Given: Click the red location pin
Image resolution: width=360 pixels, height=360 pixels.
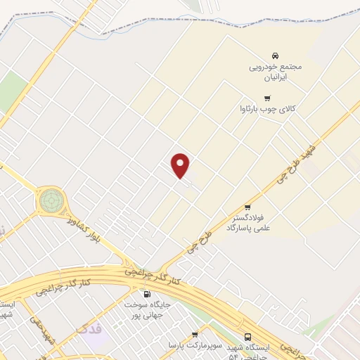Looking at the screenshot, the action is pos(181,165).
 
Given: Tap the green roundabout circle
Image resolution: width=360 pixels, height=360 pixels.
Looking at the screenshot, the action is pos(51,200).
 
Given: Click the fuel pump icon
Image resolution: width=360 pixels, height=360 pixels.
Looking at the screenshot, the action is pos(147,294).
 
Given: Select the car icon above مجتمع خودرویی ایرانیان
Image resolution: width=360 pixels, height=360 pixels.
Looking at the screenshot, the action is pos(275,56).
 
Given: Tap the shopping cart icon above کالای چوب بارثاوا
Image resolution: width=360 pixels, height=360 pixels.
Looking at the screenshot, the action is pos(266,98).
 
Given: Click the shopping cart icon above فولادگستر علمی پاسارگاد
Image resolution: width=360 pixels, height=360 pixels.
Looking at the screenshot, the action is pos(248,207).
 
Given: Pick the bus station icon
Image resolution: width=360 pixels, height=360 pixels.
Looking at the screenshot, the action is pos(248,337).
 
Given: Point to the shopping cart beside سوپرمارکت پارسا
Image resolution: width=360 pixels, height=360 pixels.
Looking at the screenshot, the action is pos(195,334).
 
